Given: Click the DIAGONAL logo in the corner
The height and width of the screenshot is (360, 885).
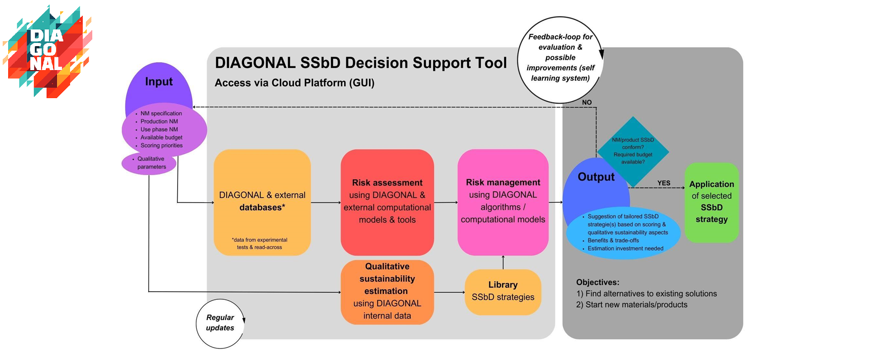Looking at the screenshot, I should point(47,52).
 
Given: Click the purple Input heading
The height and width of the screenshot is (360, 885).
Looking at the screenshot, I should point(159,82).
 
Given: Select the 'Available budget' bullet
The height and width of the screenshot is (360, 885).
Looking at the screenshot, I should point(161,137).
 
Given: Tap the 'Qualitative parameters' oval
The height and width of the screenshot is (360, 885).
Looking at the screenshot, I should point(149,163).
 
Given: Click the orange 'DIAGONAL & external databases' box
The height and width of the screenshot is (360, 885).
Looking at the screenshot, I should point(262,202).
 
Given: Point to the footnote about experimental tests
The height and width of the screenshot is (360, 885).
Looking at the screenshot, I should point(260,244).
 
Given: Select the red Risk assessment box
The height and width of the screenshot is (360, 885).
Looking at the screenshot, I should point(387,202).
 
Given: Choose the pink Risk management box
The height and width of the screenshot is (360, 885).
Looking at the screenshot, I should point(503,202).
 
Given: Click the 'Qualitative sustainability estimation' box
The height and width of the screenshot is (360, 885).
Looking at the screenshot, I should point(387,292).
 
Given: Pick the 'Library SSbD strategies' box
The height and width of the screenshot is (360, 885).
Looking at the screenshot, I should point(503,292).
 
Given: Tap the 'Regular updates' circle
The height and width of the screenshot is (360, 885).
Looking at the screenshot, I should point(220,323).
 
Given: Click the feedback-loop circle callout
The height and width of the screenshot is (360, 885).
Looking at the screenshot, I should point(560,59).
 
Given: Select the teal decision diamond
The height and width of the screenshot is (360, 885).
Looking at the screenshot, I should point(633,151).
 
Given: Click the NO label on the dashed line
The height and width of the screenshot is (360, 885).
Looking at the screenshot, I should point(587,103).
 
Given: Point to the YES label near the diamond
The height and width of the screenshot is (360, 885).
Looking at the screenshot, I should point(663,183).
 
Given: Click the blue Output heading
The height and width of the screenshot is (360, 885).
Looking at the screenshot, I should point(596,177).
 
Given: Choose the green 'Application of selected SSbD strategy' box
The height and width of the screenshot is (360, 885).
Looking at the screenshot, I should point(711,202).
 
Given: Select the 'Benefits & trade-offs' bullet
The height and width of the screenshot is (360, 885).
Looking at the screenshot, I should point(613,241).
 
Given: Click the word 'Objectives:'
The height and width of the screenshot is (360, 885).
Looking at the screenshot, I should point(597,282).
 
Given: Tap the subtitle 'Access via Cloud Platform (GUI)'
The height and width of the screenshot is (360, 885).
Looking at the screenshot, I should point(294,83).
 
